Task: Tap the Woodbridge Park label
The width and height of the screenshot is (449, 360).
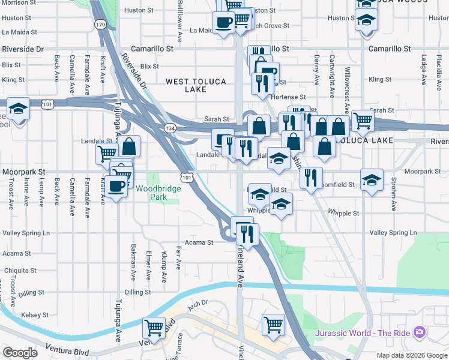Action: (158, 193)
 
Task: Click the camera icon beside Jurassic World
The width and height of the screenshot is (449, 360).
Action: (420, 332)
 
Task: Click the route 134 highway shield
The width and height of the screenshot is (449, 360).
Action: (169, 128)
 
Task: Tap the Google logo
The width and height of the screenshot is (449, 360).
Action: (20, 353)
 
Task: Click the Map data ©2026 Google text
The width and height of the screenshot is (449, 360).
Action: (412, 355)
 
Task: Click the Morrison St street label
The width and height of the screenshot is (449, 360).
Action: (16, 2)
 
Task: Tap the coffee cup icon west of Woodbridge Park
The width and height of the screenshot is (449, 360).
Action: (118, 185)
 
